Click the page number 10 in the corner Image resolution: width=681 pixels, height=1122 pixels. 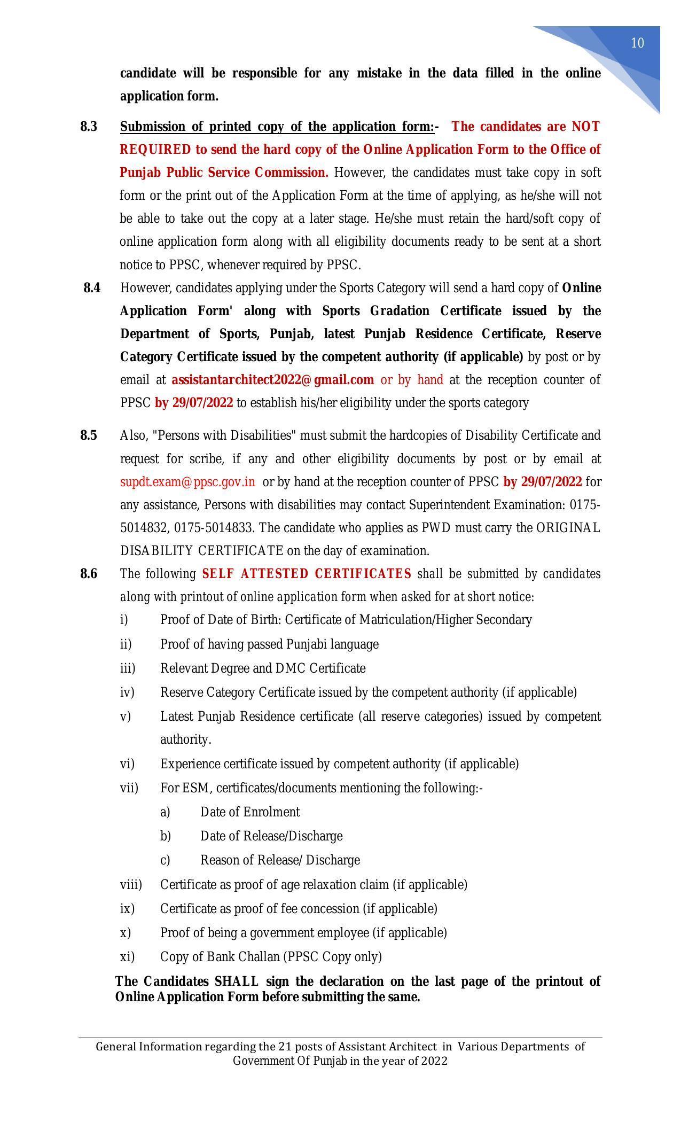click(637, 43)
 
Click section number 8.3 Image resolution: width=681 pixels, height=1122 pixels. click(89, 127)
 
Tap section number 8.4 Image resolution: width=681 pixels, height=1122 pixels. click(92, 288)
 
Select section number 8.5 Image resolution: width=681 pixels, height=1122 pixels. click(89, 435)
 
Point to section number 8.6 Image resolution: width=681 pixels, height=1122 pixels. click(89, 574)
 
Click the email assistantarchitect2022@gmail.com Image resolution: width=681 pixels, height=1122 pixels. click(272, 380)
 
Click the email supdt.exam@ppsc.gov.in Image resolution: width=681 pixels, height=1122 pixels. click(187, 482)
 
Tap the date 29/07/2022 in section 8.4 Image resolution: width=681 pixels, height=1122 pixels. click(201, 403)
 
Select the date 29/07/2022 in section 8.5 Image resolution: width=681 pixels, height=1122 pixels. click(550, 482)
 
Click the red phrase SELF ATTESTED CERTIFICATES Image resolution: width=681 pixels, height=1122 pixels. click(307, 574)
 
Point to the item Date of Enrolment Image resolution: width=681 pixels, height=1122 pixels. click(249, 812)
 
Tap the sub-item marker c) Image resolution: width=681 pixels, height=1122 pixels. click(165, 860)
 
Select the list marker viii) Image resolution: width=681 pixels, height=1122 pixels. click(131, 885)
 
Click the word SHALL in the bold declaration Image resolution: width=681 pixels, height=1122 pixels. click(236, 981)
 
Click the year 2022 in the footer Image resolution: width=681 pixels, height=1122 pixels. click(434, 1061)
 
